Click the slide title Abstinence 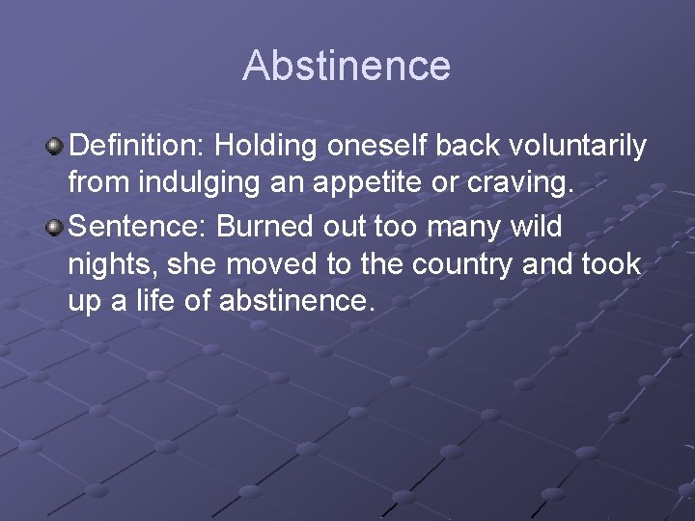tap(347, 66)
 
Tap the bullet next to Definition tap(55, 147)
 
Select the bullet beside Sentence tap(55, 227)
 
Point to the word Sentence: tap(139, 227)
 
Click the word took tap(610, 264)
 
